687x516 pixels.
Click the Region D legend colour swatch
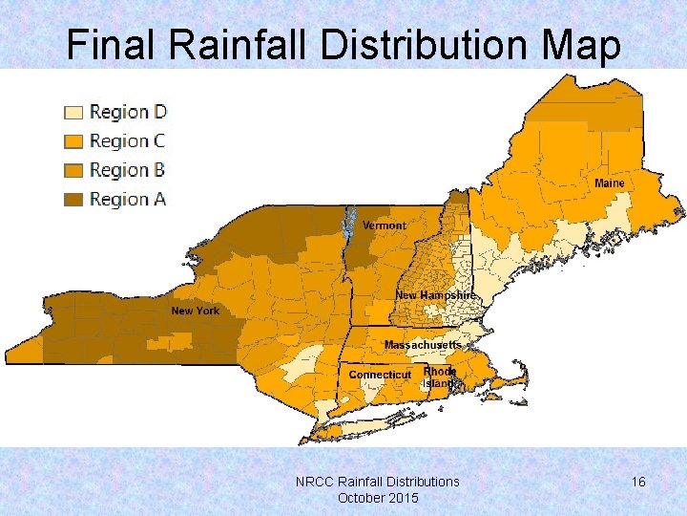73,112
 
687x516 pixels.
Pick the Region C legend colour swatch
73,141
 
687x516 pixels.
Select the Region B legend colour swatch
73,170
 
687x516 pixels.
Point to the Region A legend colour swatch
73,199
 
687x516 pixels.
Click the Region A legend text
128,199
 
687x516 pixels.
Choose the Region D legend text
128,112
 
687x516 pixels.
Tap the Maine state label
610,183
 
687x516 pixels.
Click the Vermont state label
385,226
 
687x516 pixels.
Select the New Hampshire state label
435,296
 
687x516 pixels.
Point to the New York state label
195,311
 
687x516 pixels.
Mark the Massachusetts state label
423,344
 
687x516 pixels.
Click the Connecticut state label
380,375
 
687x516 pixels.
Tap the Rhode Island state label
440,376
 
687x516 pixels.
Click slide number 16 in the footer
638,482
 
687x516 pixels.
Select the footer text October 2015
378,498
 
